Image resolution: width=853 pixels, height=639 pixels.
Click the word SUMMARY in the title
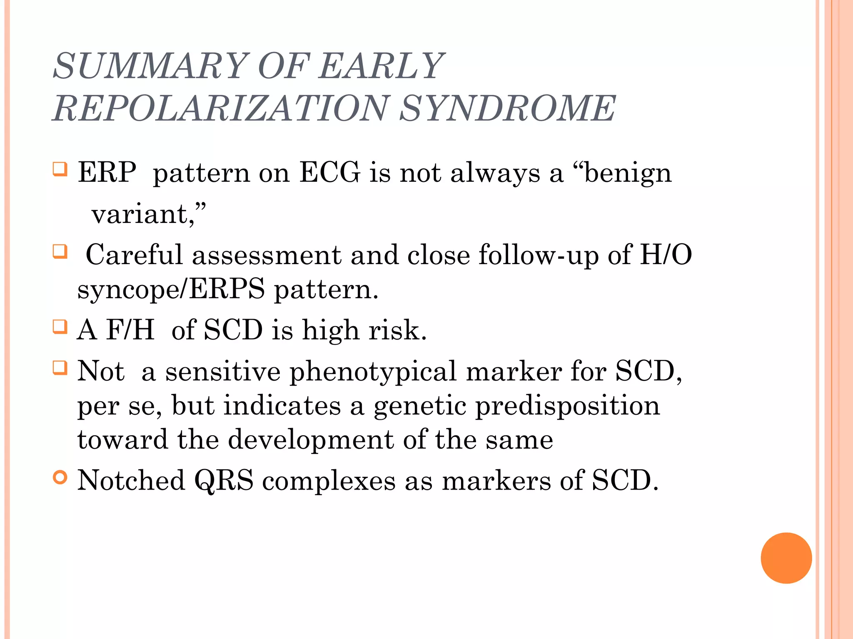(x=150, y=67)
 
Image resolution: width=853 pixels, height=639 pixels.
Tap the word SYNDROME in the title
(x=507, y=109)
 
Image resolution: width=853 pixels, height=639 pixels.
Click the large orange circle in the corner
(x=786, y=558)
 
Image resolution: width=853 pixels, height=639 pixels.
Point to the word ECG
(x=330, y=172)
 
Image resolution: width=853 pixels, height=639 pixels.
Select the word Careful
(x=134, y=255)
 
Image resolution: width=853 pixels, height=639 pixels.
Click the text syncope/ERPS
(x=171, y=289)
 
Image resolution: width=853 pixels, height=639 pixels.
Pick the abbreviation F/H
(x=130, y=330)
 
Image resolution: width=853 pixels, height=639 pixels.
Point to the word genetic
(x=420, y=405)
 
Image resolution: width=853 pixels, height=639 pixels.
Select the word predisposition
(x=568, y=405)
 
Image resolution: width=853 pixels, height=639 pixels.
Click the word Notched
(x=131, y=480)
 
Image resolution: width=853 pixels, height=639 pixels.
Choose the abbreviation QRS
(x=224, y=480)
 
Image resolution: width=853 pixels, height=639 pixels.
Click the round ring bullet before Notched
(x=60, y=477)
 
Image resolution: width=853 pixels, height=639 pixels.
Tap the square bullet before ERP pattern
(x=60, y=169)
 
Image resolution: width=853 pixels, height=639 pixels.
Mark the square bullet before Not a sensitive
(x=60, y=368)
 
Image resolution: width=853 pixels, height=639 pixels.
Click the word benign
(x=628, y=173)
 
